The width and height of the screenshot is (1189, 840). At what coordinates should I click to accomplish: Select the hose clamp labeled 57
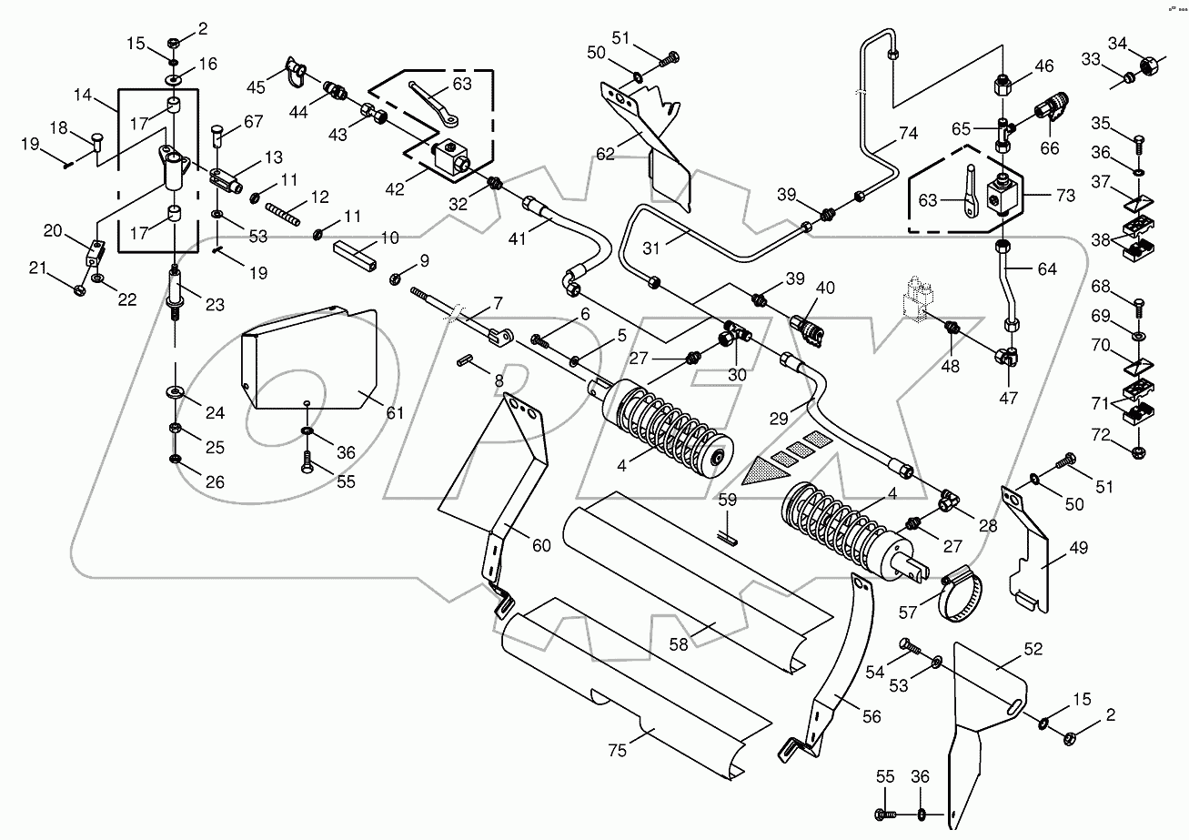[965, 595]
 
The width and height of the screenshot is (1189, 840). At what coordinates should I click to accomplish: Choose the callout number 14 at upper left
[84, 95]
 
